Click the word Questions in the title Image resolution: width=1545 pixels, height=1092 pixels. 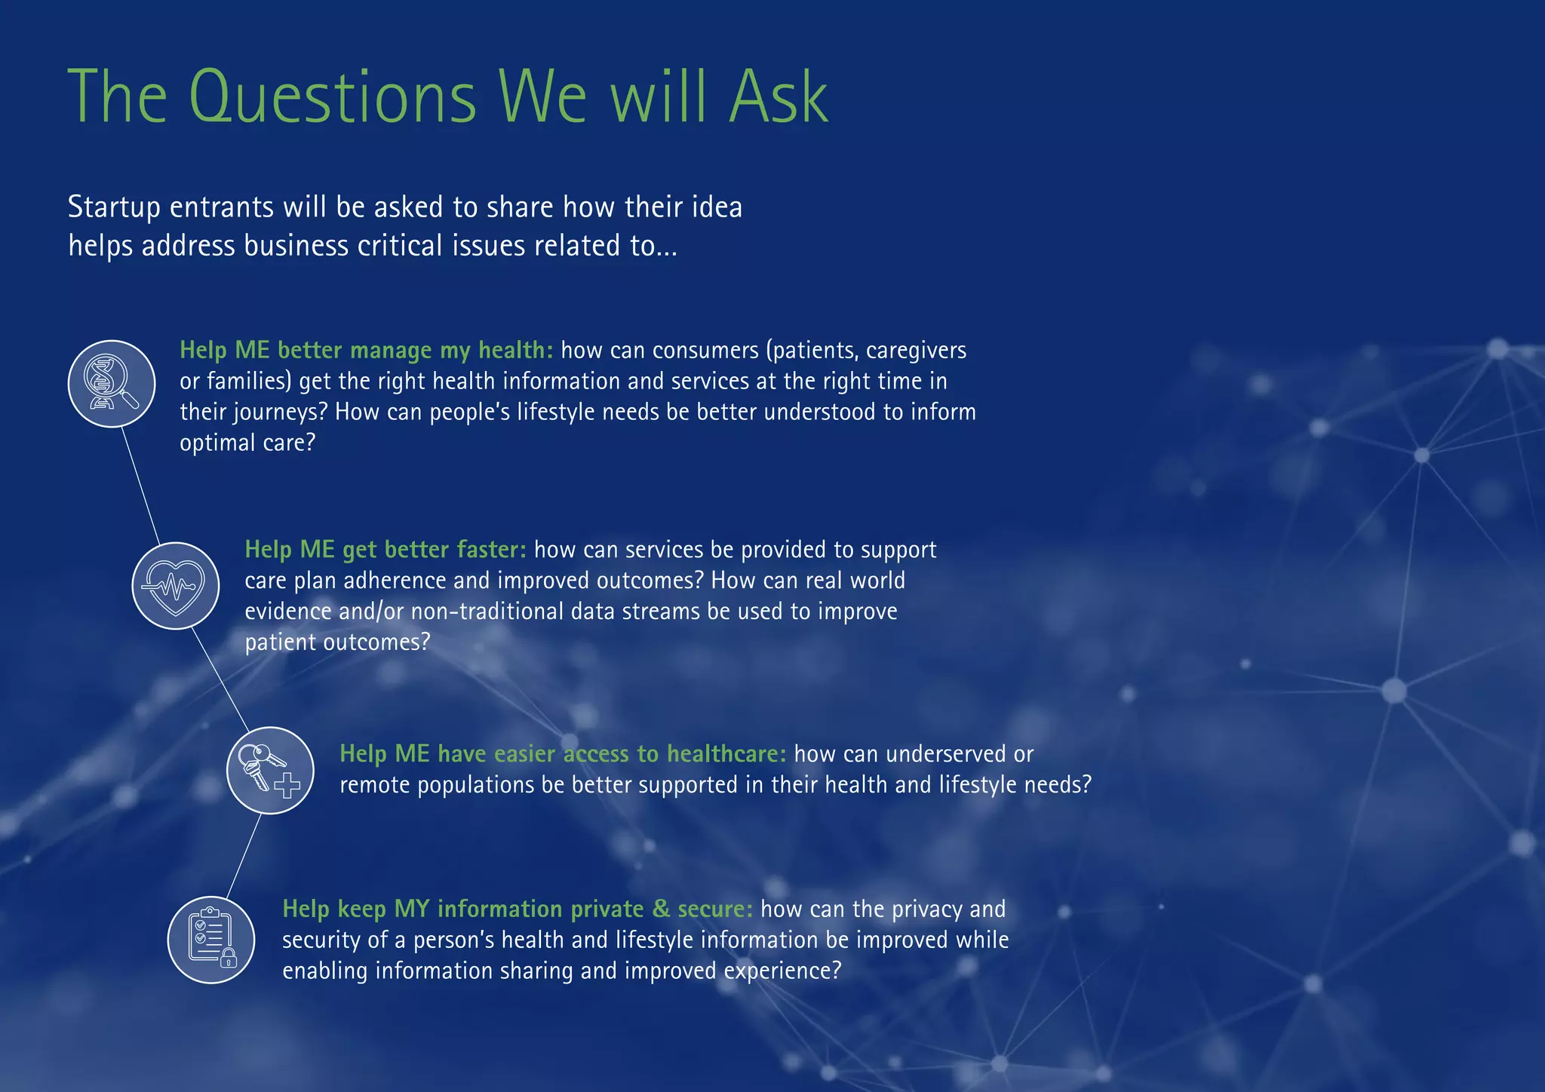click(332, 98)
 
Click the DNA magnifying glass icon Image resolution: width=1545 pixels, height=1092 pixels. click(112, 383)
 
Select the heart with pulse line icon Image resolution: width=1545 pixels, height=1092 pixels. click(176, 585)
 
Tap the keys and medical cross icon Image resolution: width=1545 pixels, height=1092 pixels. click(270, 770)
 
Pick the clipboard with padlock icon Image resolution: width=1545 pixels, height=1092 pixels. click(211, 940)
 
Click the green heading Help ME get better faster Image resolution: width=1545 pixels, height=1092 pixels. click(385, 549)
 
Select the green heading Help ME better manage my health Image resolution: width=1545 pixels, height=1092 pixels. click(367, 350)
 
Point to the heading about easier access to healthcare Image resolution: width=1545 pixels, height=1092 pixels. click(563, 753)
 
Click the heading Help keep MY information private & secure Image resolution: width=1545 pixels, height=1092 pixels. click(518, 909)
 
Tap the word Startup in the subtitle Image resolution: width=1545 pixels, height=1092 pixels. click(114, 207)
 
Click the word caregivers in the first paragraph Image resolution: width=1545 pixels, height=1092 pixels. click(916, 350)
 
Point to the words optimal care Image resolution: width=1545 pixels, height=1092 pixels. click(247, 443)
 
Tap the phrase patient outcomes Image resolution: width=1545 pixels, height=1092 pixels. click(336, 642)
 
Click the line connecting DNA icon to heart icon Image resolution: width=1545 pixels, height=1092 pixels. click(141, 484)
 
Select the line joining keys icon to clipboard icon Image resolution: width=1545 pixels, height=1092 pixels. click(243, 855)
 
